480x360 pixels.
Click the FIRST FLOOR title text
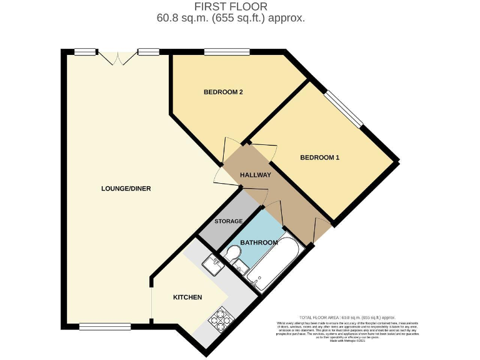[231, 6]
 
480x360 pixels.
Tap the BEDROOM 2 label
[223, 92]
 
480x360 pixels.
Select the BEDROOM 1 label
[319, 157]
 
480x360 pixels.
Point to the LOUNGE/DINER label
[126, 189]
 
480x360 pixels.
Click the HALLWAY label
[256, 175]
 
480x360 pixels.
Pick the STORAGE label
[228, 221]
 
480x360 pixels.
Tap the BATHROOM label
[259, 242]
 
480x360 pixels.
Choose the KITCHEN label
[187, 297]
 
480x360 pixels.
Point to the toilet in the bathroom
[232, 254]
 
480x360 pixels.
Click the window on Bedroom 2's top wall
[226, 52]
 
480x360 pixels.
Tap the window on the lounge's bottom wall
[105, 326]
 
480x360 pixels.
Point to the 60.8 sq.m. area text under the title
[231, 18]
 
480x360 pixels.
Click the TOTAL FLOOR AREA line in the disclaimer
[347, 317]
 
